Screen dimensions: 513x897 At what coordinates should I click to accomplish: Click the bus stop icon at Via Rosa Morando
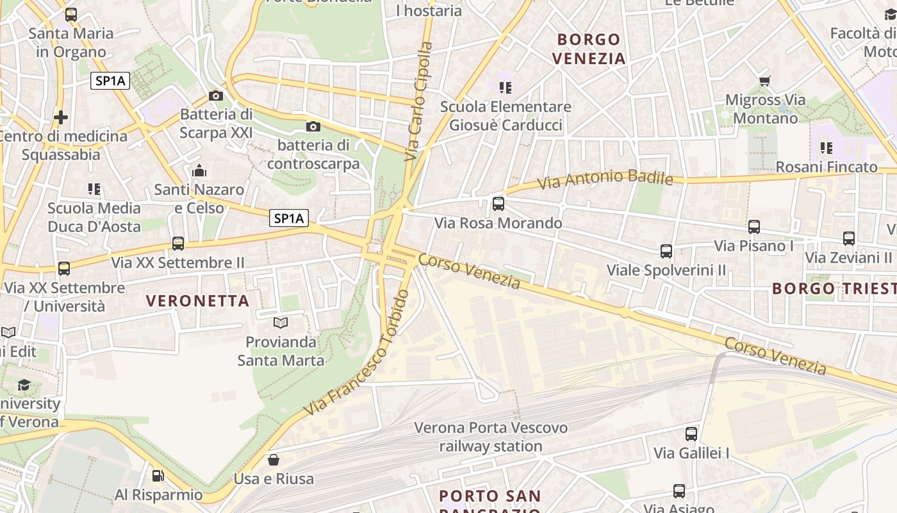click(498, 204)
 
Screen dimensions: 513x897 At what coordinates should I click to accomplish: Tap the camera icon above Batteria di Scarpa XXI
click(216, 96)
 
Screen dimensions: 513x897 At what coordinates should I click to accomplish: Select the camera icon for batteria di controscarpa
click(313, 126)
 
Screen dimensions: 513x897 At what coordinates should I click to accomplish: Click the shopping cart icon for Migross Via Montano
click(764, 81)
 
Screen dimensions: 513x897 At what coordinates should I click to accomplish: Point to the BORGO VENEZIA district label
click(588, 49)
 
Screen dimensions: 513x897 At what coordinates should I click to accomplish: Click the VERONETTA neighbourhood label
click(197, 301)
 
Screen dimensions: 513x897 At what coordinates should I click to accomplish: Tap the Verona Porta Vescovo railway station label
click(491, 437)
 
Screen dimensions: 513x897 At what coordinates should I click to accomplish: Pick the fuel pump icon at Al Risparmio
click(158, 476)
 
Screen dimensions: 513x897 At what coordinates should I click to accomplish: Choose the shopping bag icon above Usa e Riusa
click(274, 460)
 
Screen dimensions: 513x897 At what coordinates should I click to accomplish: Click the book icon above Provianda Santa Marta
click(281, 323)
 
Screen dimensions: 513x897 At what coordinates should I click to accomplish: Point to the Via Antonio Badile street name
click(605, 179)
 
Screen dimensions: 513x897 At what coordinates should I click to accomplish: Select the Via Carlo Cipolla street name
click(420, 101)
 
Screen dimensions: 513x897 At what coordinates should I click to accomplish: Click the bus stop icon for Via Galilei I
click(691, 434)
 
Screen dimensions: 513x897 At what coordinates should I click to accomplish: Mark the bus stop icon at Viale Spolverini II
click(666, 251)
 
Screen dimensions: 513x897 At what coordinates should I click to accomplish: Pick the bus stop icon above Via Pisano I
click(754, 227)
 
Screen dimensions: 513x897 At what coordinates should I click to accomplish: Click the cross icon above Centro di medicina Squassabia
click(61, 117)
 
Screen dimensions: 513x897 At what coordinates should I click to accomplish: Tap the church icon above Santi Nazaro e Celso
click(199, 171)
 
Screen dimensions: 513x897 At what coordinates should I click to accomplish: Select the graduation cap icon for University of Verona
click(24, 385)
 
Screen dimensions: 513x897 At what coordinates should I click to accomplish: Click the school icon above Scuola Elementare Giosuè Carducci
click(506, 87)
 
